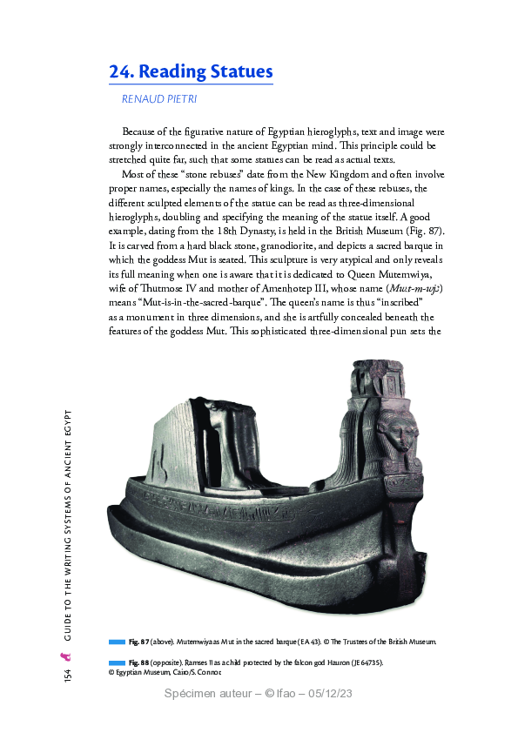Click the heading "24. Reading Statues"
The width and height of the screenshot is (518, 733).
pyautogui.click(x=191, y=71)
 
